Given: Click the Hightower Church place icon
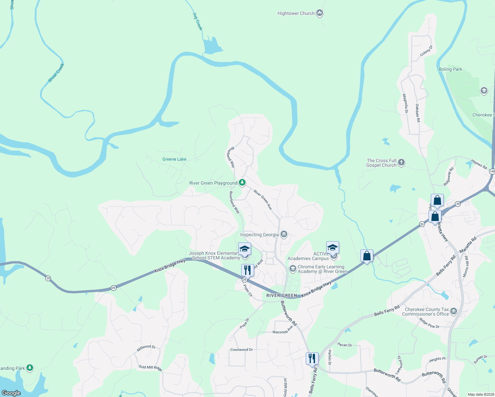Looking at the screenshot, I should tap(319, 13).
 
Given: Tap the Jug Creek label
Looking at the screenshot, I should tap(198, 22).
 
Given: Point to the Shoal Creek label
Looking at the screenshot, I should tap(56, 73).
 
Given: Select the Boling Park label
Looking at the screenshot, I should tap(450, 69).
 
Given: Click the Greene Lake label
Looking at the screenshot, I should tap(174, 159).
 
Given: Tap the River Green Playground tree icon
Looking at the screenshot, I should tap(242, 183).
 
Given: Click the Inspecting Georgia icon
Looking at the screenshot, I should tap(284, 235).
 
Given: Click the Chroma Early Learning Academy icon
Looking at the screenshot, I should tap(292, 268).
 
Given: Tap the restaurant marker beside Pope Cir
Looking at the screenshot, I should tap(247, 270).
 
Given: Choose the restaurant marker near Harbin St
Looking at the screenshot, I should tap(312, 358).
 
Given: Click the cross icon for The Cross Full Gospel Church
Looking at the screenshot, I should tap(401, 162).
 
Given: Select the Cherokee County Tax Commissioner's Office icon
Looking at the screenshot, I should tap(454, 311).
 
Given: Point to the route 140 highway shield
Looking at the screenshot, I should tap(492, 171).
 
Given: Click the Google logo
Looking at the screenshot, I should tap(11, 393).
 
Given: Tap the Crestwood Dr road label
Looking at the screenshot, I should tap(241, 350).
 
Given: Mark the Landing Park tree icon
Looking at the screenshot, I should tap(30, 368).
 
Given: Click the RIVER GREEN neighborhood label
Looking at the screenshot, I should tap(282, 295).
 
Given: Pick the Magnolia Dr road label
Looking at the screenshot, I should tap(405, 104).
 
